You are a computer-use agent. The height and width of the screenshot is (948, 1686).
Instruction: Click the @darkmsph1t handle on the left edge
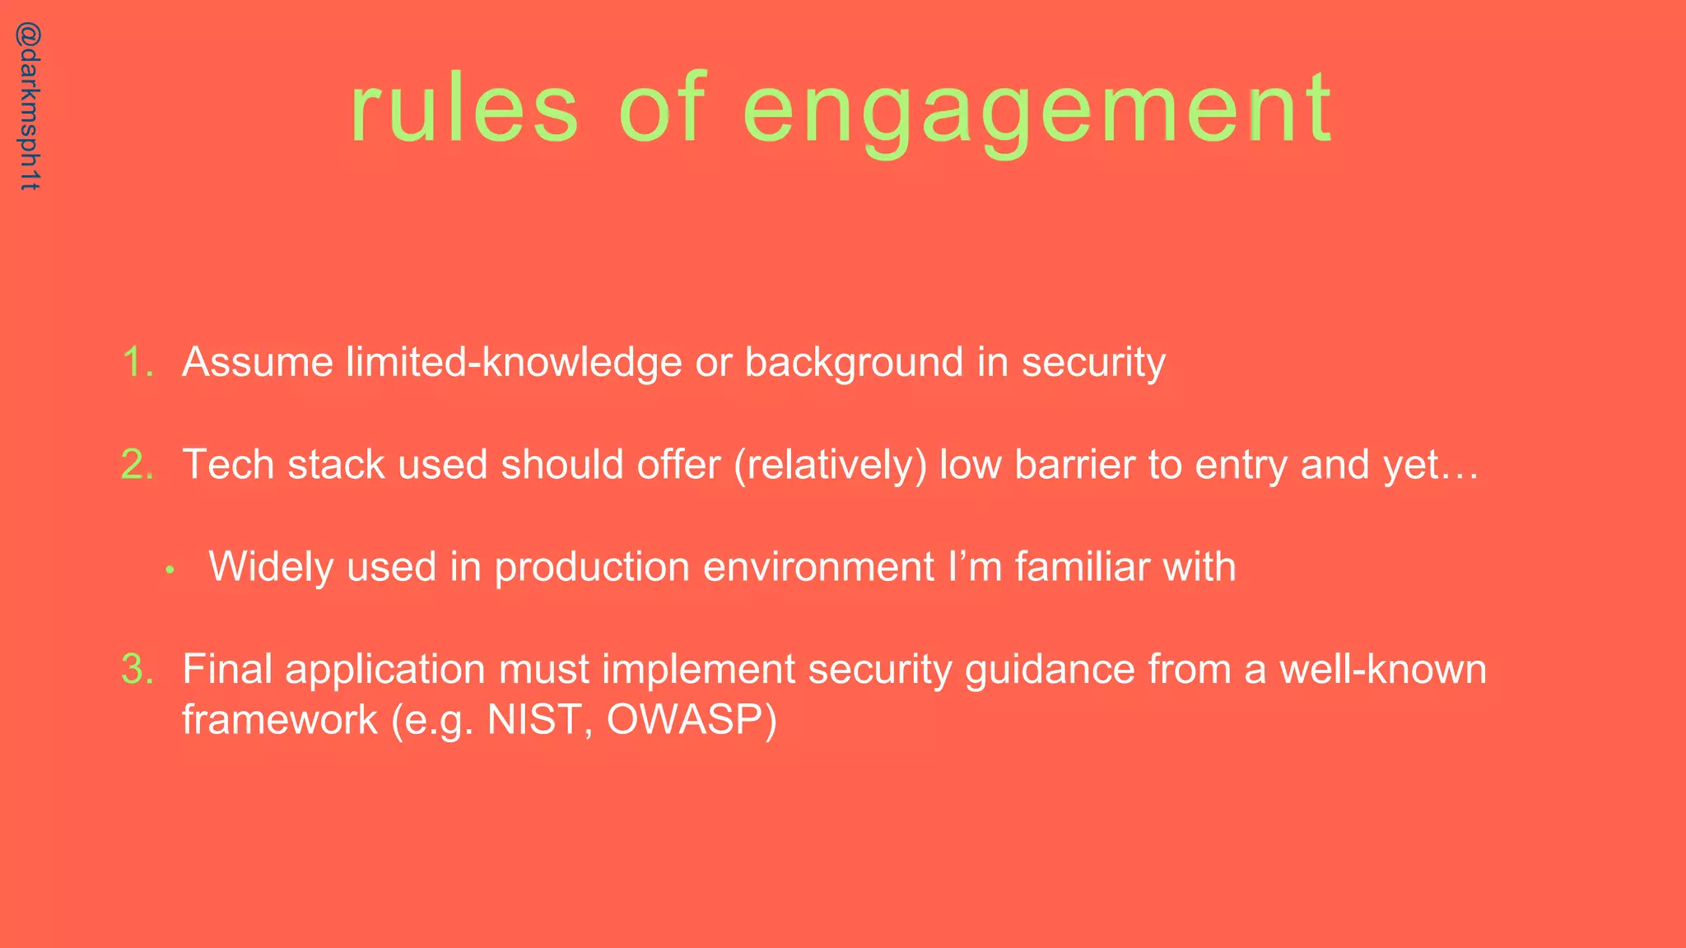coord(29,107)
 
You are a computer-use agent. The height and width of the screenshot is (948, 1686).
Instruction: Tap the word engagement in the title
coord(1037,111)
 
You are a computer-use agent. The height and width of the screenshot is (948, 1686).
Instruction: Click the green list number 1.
coord(137,362)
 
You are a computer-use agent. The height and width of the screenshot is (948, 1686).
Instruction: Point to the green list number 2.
coord(137,464)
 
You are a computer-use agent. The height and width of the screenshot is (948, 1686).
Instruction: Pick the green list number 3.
coord(137,668)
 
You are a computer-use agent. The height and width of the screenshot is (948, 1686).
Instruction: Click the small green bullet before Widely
coord(170,569)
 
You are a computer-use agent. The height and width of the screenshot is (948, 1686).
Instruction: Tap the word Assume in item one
coord(258,362)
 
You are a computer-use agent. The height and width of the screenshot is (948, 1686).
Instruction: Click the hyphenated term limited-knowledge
coord(514,362)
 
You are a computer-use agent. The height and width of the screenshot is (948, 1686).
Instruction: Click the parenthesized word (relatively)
coord(830,465)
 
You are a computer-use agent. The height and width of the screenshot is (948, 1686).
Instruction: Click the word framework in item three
coord(279,719)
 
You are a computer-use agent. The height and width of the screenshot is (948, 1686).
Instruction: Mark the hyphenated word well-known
coord(1382,668)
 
